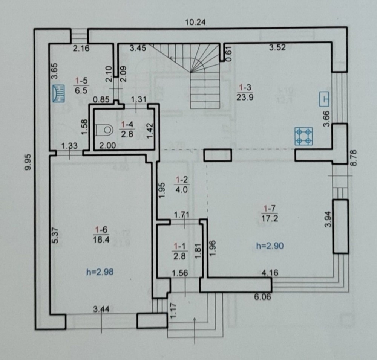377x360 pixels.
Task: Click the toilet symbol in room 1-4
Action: click(104, 130)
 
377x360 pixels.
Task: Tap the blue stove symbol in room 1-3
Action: click(303, 136)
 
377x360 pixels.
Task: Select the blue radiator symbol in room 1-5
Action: click(59, 93)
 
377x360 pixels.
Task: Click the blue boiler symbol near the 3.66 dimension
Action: click(324, 99)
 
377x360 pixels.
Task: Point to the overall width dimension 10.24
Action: click(195, 22)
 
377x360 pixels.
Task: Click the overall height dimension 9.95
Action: click(28, 162)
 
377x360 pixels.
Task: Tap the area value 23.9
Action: click(245, 97)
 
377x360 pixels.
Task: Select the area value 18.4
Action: click(101, 239)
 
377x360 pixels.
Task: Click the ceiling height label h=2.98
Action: click(100, 272)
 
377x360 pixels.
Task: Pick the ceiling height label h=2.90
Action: click(270, 246)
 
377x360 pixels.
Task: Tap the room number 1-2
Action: click(182, 180)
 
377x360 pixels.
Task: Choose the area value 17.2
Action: click(269, 218)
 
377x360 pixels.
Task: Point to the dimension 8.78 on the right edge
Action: click(354, 157)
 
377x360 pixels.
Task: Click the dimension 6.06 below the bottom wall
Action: click(262, 297)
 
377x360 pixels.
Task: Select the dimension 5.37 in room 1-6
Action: click(55, 235)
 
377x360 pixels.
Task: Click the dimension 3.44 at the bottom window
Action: click(101, 309)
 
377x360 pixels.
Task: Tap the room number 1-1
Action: click(179, 246)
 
